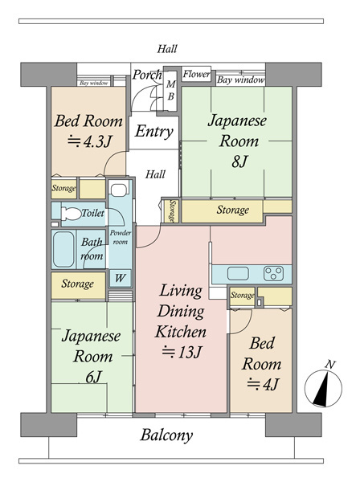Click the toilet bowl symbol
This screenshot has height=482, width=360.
pyautogui.click(x=71, y=214)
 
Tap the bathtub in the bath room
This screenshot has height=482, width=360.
pyautogui.click(x=63, y=249)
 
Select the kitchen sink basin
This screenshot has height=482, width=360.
pyautogui.click(x=238, y=274)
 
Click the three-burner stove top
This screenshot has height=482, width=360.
pyautogui.click(x=273, y=274)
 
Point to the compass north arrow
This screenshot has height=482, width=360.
pyautogui.click(x=323, y=387)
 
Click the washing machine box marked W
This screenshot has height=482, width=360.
pyautogui.click(x=120, y=278)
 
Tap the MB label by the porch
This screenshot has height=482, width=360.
pyautogui.click(x=171, y=90)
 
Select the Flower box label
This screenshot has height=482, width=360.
pyautogui.click(x=196, y=74)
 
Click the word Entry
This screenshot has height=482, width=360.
pyautogui.click(x=154, y=131)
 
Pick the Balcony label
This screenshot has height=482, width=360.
pyautogui.click(x=166, y=435)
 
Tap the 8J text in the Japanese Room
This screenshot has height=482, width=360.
pyautogui.click(x=239, y=161)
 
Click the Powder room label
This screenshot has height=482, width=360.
pyautogui.click(x=121, y=237)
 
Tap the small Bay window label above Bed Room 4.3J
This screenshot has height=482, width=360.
pyautogui.click(x=94, y=83)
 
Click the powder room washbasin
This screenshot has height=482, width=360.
pyautogui.click(x=119, y=190)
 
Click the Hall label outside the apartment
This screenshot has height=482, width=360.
pyautogui.click(x=167, y=48)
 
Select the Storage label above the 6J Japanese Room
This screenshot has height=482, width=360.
pyautogui.click(x=77, y=284)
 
